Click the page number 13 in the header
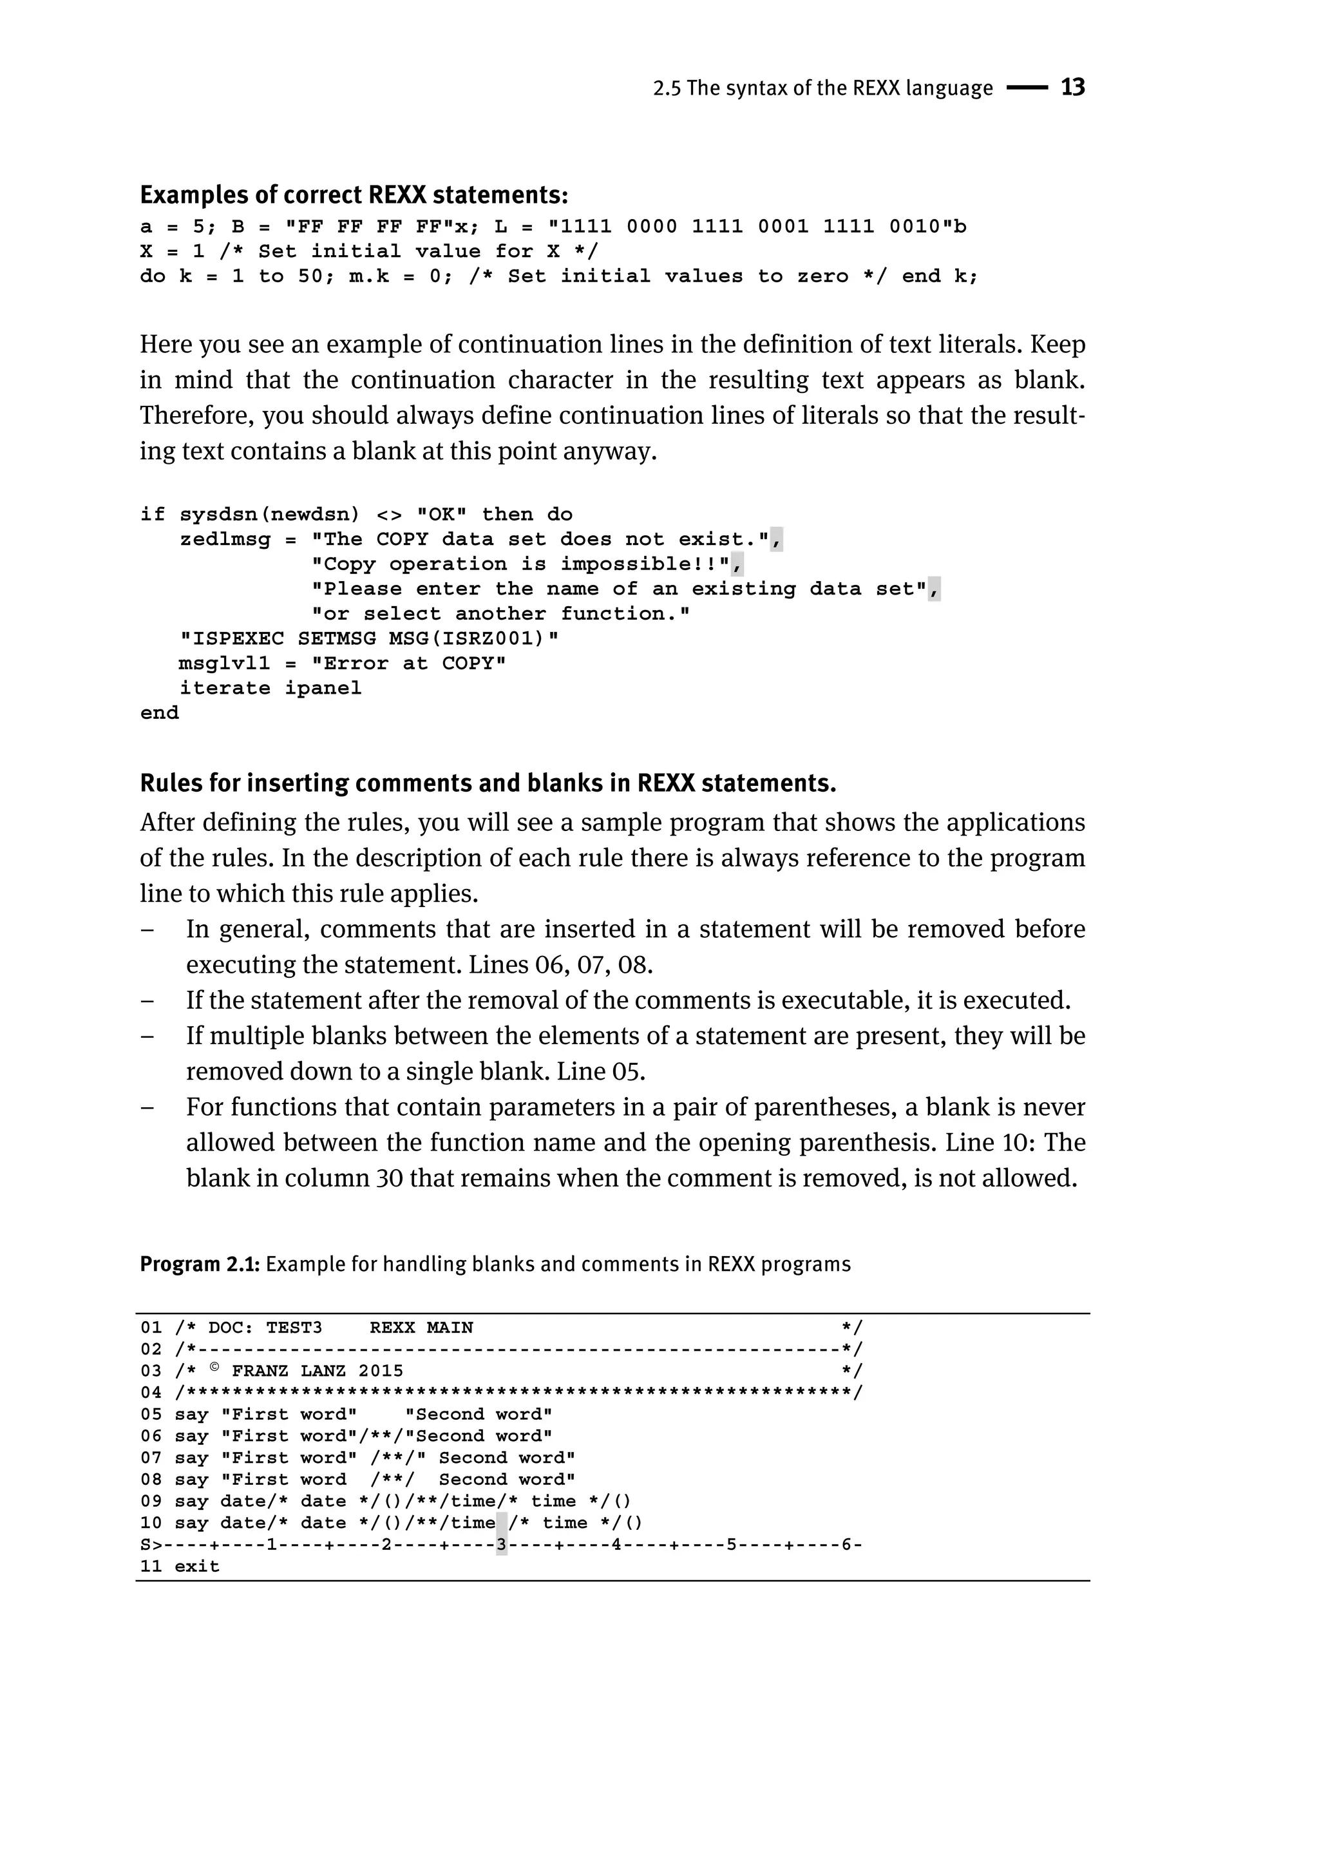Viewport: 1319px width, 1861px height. pos(1072,87)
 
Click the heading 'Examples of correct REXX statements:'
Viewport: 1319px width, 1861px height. pos(354,195)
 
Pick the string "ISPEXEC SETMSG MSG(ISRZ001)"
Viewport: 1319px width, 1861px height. pos(370,638)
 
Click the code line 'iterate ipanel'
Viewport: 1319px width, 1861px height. pos(270,688)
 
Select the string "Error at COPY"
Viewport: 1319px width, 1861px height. pos(408,663)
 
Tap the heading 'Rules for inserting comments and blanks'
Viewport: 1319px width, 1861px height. pos(488,783)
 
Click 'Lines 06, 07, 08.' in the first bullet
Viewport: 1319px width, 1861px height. pos(560,965)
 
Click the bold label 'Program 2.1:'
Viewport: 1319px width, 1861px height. pos(199,1264)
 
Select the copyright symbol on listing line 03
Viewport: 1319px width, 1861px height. pos(215,1369)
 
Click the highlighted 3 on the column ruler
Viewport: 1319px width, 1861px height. pos(501,1544)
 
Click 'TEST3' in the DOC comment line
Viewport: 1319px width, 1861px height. pos(294,1328)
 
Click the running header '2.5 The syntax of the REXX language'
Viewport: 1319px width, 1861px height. pos(822,88)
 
